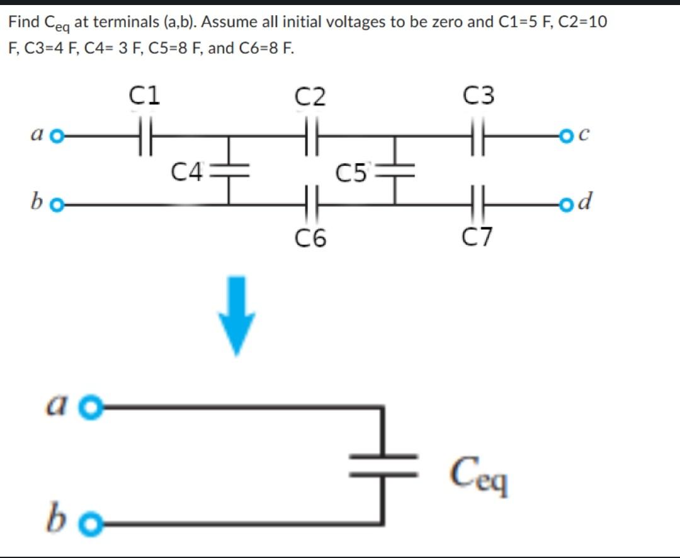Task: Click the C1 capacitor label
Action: coord(145,96)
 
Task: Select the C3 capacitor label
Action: coord(478,96)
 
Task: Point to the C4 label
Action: coord(187,170)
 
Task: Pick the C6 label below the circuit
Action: coord(310,238)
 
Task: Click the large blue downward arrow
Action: coord(237,315)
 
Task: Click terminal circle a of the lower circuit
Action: coord(93,407)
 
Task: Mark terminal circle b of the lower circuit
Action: coord(93,523)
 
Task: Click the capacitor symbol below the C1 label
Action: coord(145,135)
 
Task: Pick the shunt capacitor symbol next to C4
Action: coord(229,169)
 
